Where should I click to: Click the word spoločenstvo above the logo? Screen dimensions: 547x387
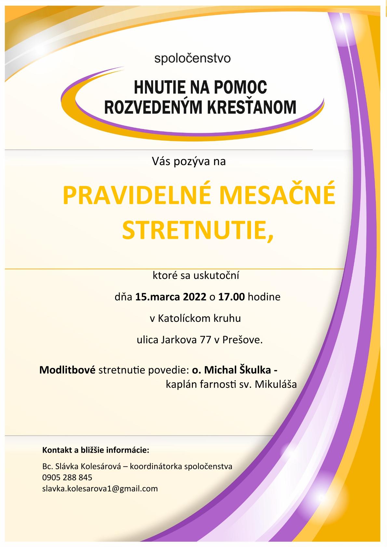point(192,59)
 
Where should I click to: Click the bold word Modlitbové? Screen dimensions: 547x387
point(67,370)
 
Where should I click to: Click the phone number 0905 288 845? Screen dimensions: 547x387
point(67,477)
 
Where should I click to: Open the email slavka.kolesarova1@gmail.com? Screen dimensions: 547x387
point(100,488)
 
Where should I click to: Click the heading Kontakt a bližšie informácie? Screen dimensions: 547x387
point(96,451)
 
